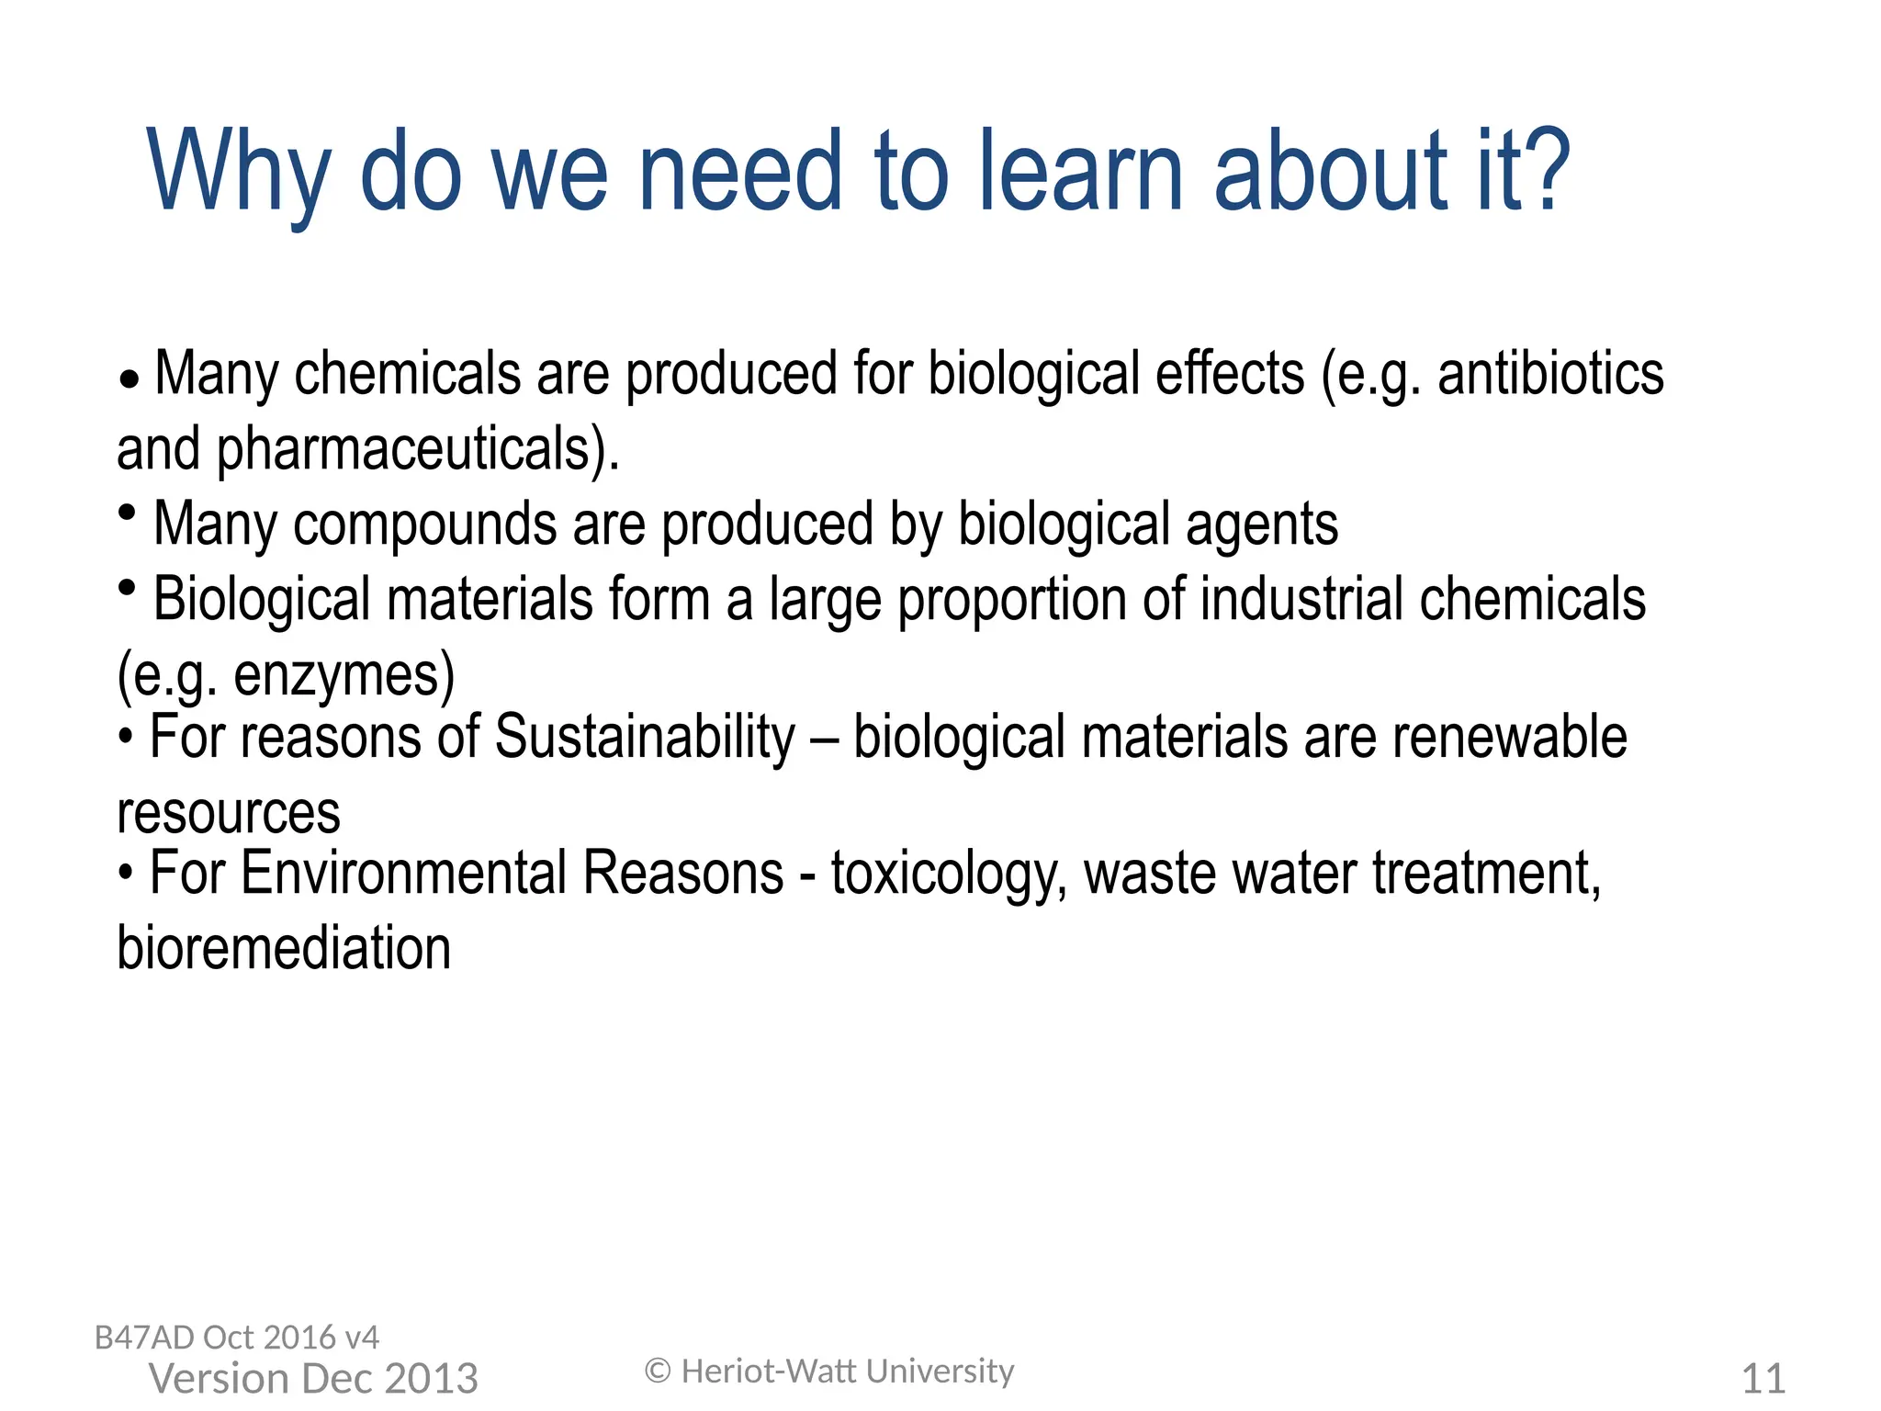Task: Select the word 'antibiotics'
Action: coord(1550,375)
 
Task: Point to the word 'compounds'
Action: coord(424,525)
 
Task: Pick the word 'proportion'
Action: coord(1011,601)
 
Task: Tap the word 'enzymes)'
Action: coord(344,676)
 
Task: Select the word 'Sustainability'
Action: coord(645,738)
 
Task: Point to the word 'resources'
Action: coord(229,814)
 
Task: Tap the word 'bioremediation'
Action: coord(284,949)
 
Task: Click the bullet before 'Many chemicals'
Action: coord(130,379)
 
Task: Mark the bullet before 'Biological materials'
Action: coord(128,586)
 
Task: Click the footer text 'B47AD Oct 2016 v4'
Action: coord(237,1338)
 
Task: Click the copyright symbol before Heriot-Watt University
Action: coord(658,1371)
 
